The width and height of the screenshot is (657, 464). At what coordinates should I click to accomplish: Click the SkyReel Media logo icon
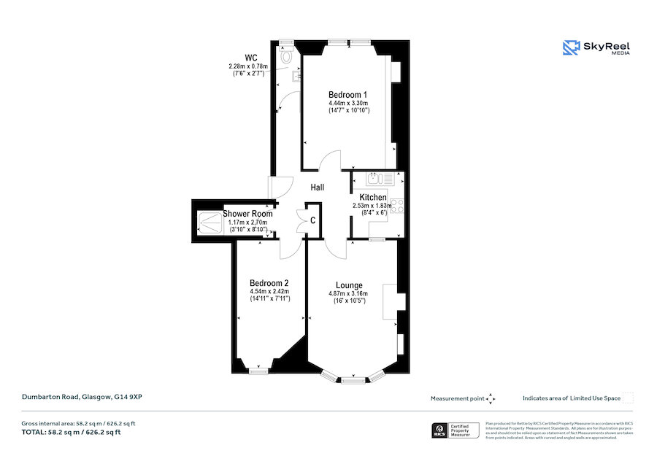570,48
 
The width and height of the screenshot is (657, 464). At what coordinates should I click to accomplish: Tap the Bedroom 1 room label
347,95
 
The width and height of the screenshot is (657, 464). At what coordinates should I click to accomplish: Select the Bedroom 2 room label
269,283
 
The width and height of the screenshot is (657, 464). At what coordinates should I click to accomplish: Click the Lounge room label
349,285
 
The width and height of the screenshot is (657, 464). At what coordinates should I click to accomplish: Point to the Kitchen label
373,198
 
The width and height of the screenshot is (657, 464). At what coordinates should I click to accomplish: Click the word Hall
318,187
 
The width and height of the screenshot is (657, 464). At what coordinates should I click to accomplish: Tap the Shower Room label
247,214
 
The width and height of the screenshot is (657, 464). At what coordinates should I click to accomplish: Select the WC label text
250,58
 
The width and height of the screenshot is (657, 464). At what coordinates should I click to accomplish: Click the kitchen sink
374,177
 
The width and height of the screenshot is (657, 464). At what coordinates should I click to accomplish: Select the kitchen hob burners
398,206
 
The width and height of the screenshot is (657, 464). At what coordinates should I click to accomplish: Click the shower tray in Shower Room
210,222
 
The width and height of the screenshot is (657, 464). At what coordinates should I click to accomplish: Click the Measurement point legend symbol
491,398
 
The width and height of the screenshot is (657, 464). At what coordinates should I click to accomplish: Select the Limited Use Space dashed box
628,398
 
